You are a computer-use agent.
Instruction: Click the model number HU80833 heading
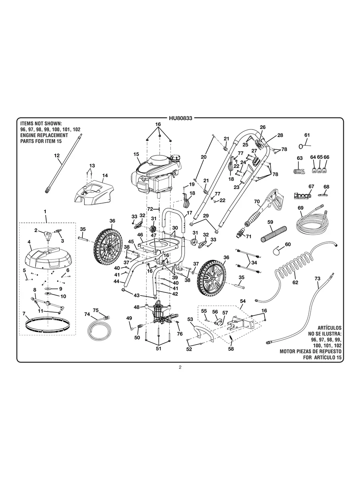pos(180,118)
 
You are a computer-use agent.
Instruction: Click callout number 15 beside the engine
pos(136,154)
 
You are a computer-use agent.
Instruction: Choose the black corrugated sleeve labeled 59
pos(273,234)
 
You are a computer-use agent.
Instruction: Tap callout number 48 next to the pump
pos(136,307)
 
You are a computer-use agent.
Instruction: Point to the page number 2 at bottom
pos(180,367)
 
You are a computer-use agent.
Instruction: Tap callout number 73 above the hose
pos(317,279)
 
